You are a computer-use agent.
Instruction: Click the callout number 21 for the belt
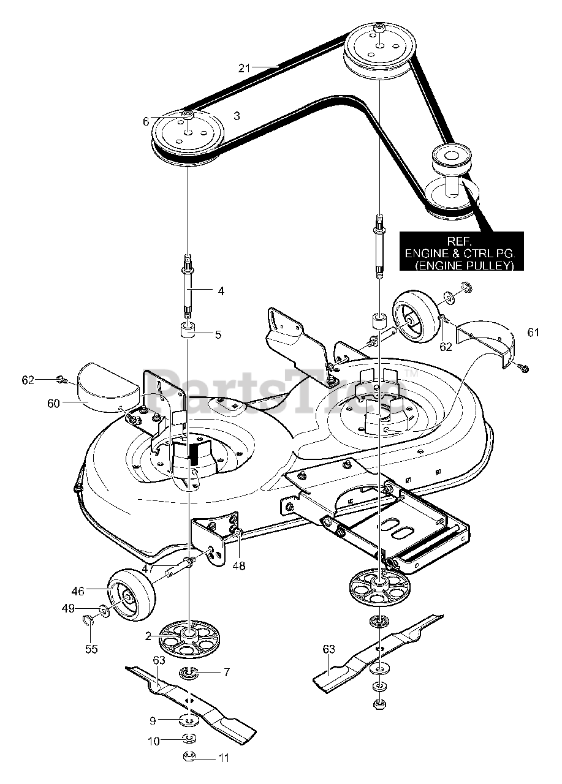pos(245,68)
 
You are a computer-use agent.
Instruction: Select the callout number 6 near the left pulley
pos(146,122)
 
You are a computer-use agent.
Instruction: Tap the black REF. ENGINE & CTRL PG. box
pos(461,251)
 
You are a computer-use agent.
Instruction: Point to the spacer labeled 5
pos(188,331)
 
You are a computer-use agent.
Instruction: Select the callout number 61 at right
pos(533,332)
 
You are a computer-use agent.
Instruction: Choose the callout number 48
pos(238,567)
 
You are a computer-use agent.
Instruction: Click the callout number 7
pos(226,673)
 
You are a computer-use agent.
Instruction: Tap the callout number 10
pos(153,741)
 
